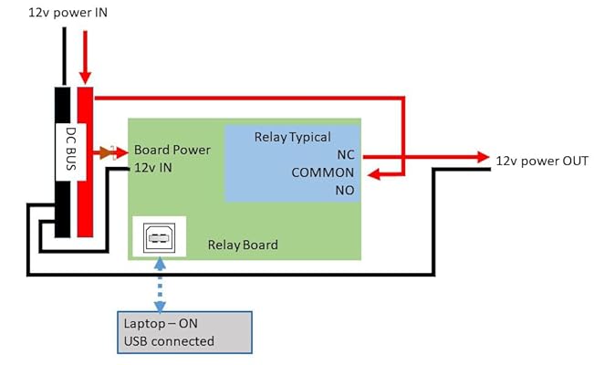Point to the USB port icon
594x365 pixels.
point(159,239)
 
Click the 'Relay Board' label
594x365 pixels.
point(243,245)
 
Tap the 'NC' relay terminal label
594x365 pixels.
point(345,155)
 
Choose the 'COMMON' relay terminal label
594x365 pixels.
point(323,172)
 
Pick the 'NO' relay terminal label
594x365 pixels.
point(344,190)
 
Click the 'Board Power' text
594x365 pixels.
point(172,150)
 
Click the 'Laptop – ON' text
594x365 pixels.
point(162,324)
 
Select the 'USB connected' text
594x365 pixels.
point(169,341)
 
